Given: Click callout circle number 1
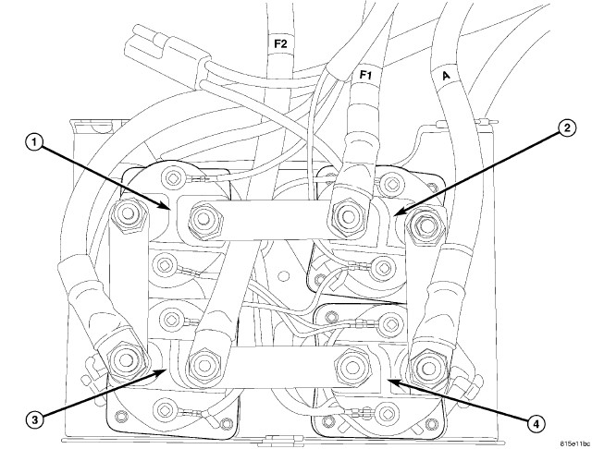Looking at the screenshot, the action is pos(34,143).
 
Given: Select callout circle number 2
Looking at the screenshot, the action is pos(566,128).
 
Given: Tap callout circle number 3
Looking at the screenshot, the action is pos(34,420).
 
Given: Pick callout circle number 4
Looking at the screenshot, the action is pos(536,425).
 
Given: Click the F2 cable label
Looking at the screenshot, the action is pos(280,44).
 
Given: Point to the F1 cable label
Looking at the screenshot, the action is pos(365,75).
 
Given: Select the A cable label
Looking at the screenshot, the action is pos(446,76).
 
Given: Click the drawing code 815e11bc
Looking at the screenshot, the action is pos(574,443).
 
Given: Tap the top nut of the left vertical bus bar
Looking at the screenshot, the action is pos(129,214).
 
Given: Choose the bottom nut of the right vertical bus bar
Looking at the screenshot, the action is pos(426,367).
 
